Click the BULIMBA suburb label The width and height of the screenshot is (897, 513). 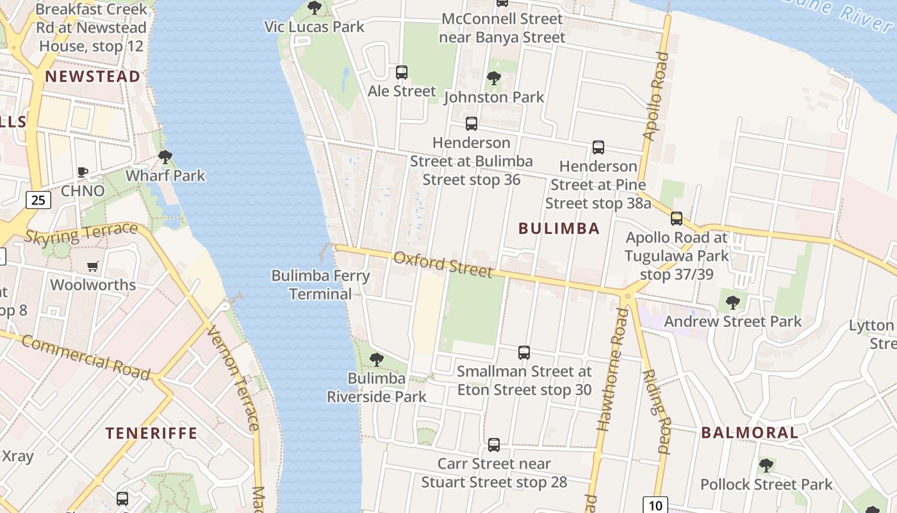(559, 228)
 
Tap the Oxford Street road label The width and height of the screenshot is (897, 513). (443, 264)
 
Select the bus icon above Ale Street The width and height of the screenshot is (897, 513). (402, 72)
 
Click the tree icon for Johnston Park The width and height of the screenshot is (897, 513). (493, 78)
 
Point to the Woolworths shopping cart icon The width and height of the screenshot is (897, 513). (93, 266)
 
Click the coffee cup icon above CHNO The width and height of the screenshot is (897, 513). (82, 172)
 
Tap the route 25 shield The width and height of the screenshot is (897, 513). (38, 200)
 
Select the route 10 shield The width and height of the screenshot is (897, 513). (655, 505)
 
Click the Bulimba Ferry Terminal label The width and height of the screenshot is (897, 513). (320, 285)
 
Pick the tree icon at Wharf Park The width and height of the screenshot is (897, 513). (165, 156)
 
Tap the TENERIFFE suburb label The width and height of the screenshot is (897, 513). (152, 433)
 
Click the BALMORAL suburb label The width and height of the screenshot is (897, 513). (750, 432)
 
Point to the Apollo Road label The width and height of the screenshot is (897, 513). (656, 96)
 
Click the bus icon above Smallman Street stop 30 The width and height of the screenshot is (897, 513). (524, 352)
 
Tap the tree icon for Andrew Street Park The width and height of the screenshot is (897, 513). (733, 302)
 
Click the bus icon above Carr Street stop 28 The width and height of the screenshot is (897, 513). (494, 444)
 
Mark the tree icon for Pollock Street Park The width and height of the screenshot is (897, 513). (766, 466)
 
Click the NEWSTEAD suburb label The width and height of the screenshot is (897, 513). (93, 77)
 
